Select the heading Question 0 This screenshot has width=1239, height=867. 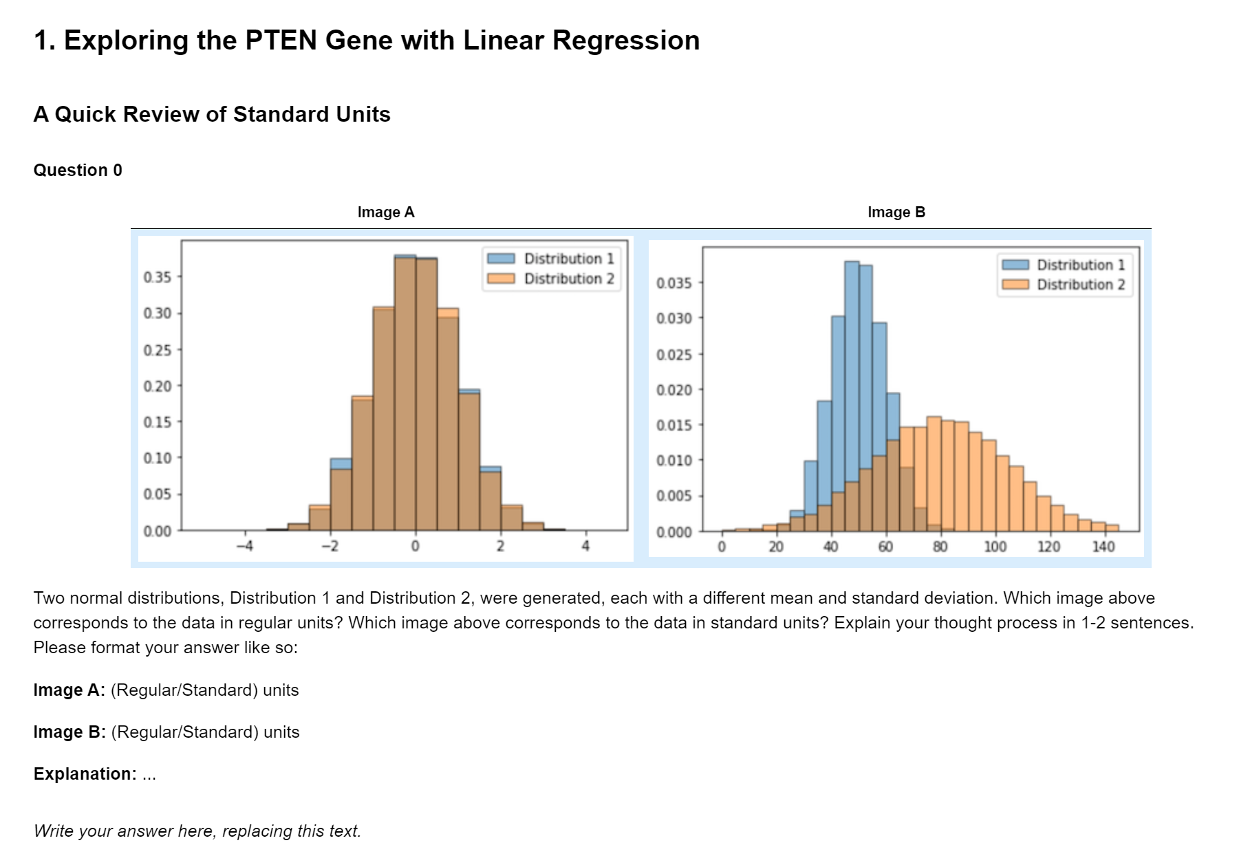pos(78,171)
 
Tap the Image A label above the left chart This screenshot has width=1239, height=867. pos(386,212)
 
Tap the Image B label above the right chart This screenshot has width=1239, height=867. pos(896,212)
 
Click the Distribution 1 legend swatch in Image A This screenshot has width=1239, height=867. pos(501,259)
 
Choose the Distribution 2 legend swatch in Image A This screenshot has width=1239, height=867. pos(501,278)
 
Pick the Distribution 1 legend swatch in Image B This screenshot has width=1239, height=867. pos(1015,265)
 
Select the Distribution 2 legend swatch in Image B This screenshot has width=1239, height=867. pos(1015,285)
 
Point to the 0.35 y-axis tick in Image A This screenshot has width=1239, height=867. pos(158,277)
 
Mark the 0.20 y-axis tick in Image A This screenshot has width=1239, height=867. pos(158,386)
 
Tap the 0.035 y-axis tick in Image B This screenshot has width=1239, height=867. pos(674,283)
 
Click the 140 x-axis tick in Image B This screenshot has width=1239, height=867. pos(1103,547)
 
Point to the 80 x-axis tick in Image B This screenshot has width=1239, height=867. pos(940,547)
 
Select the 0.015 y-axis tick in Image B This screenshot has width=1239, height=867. pos(674,426)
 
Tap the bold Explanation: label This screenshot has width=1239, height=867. pos(85,774)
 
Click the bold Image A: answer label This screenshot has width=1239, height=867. pos(69,690)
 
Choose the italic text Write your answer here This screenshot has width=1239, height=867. pos(197,831)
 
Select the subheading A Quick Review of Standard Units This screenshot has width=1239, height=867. pos(212,114)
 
